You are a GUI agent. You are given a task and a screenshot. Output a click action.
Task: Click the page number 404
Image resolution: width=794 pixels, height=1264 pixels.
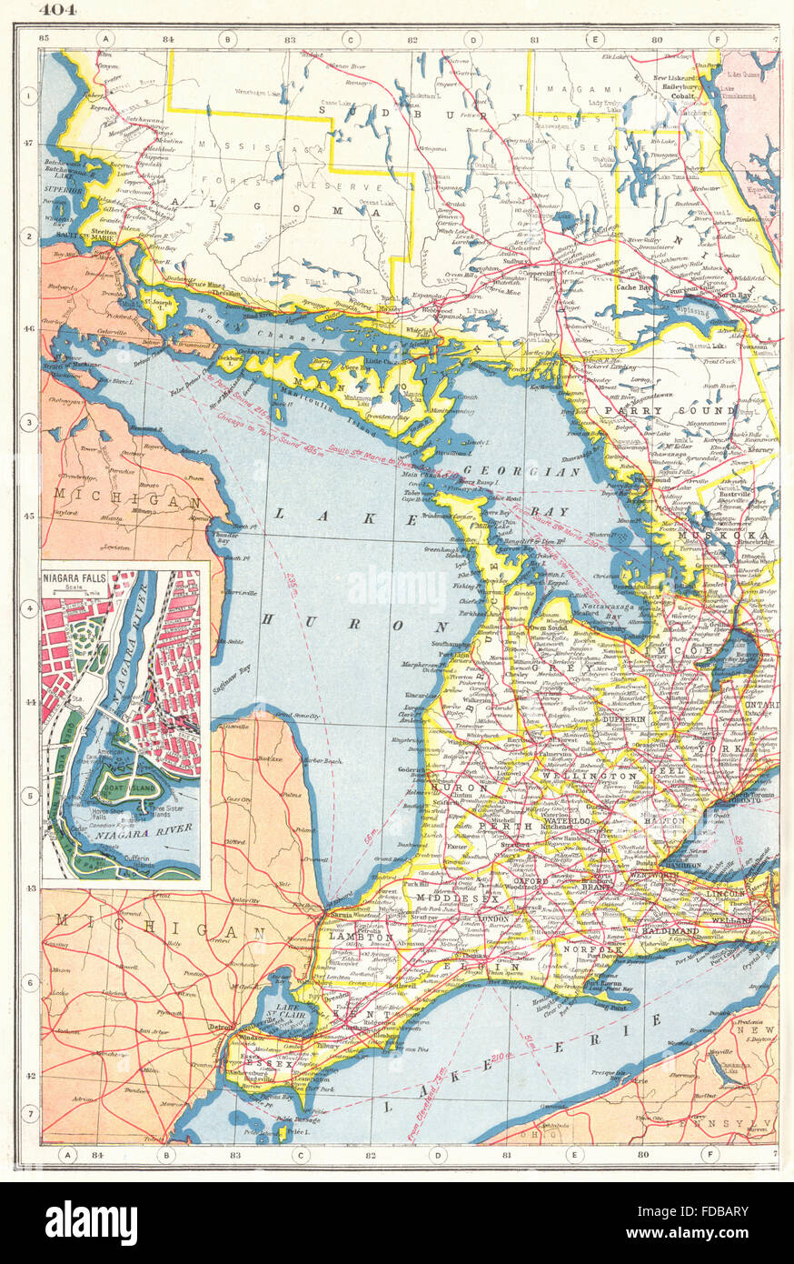(56, 11)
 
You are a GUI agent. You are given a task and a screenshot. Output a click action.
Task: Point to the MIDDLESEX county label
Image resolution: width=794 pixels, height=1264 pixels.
(446, 898)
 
